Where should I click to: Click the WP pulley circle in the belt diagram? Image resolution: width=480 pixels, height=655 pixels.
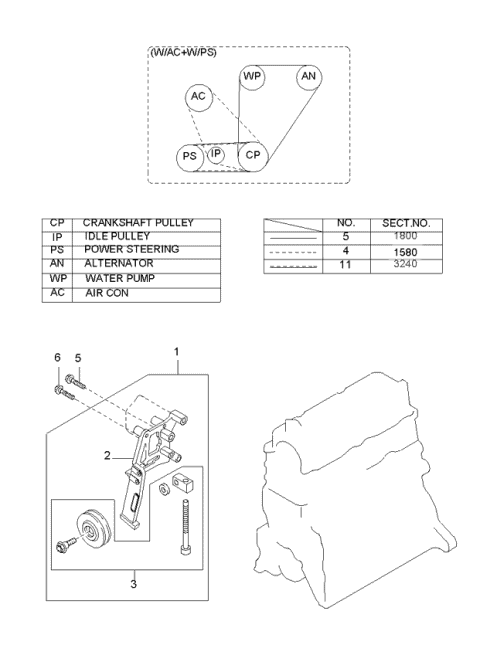coord(241,77)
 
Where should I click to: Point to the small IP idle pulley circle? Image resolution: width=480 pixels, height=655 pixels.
coord(208,155)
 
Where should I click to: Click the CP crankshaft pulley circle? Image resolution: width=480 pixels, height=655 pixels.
coord(239,156)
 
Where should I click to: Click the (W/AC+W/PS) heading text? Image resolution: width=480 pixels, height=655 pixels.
coord(183,53)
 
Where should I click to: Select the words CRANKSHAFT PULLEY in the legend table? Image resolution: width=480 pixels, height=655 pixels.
coord(138,223)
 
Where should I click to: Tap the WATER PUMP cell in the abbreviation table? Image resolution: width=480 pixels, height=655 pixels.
coord(120,278)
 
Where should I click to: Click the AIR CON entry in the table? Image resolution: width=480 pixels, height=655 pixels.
coord(107,293)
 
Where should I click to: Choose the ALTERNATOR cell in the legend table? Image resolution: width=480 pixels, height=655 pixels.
coord(119,263)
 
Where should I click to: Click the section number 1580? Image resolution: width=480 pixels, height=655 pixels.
coord(405,252)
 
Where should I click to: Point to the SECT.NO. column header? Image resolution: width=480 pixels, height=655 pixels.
coord(406,223)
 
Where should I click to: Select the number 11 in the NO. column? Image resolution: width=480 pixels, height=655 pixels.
coord(345,264)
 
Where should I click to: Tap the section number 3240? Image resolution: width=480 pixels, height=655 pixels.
coord(405,264)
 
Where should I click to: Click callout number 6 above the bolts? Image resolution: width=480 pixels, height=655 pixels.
coord(58,358)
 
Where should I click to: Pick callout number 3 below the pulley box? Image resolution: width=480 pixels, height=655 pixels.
coord(133,584)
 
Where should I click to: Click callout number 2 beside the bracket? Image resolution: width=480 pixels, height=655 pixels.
coord(107,455)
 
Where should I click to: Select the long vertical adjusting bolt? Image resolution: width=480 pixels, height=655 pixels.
coord(185,527)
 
